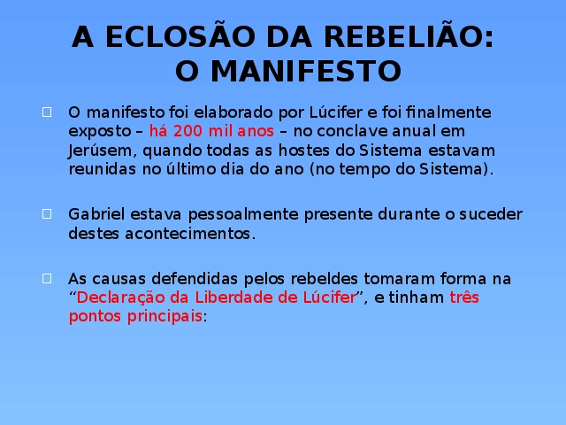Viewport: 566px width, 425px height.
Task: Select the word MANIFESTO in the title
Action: (x=306, y=71)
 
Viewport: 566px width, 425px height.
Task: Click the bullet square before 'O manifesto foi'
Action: (x=47, y=112)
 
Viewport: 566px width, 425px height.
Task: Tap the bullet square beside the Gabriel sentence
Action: (x=47, y=214)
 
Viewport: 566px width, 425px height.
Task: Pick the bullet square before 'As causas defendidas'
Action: (x=47, y=278)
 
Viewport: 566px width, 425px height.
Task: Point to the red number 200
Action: (x=187, y=131)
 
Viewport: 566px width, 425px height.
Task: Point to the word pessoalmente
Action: (x=243, y=215)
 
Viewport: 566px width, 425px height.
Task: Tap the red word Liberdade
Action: (x=233, y=297)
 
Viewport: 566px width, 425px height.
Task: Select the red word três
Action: (x=464, y=297)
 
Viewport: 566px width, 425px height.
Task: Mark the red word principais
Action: (x=164, y=317)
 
